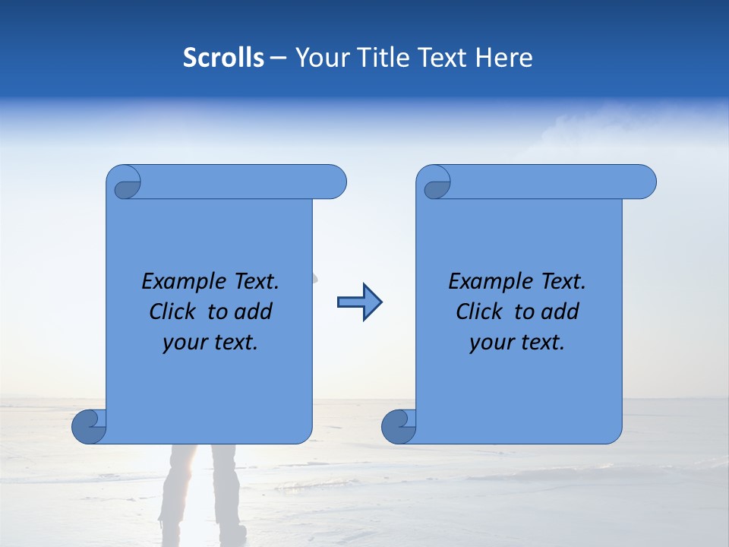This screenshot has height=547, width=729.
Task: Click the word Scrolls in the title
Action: [x=223, y=58]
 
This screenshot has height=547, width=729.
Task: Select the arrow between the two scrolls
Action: [x=359, y=302]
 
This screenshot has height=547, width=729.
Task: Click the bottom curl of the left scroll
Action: [x=89, y=425]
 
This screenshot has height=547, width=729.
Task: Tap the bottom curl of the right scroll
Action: [x=399, y=425]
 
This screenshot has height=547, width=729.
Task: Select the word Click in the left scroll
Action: [x=174, y=311]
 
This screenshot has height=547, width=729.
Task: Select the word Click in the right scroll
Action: [x=480, y=311]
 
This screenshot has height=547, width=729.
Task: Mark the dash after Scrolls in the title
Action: [x=279, y=58]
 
